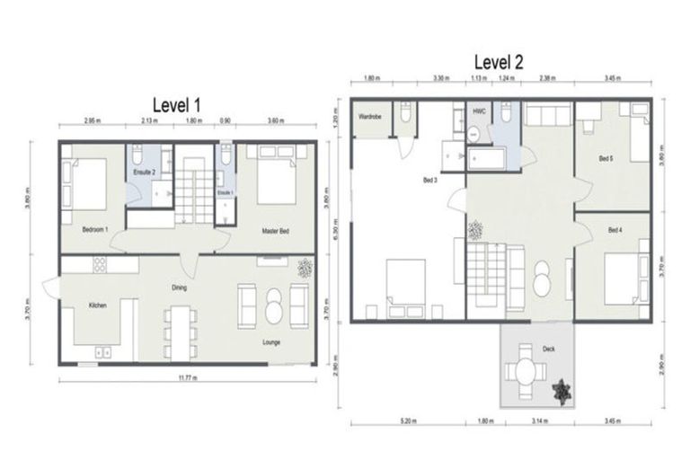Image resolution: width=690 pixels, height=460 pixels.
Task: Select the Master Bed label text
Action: pos(274,231)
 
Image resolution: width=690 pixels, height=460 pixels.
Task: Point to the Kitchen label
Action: pos(98,305)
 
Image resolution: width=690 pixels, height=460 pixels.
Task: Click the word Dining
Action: pos(180,287)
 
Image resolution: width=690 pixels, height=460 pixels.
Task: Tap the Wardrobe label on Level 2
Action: pos(371,117)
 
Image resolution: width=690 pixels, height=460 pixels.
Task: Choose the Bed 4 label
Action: pos(615,231)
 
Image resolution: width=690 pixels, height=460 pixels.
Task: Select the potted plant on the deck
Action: pos(562,390)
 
